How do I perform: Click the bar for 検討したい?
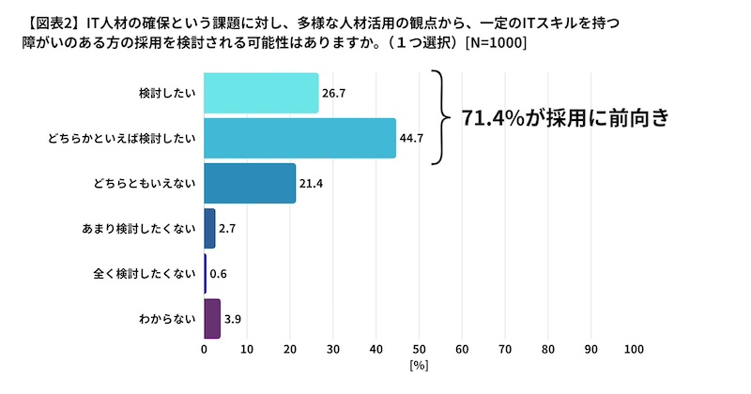point(261,93)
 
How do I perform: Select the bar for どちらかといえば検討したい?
point(299,138)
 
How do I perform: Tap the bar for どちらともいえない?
point(250,183)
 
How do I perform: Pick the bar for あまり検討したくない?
point(209,228)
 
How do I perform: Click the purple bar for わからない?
point(212,319)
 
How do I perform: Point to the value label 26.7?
point(335,93)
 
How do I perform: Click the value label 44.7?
point(412,138)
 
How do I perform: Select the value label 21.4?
point(312,183)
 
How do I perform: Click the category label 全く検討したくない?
point(145,274)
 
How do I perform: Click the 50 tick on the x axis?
point(419,349)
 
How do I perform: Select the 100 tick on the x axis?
point(634,349)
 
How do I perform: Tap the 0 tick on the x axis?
point(205,349)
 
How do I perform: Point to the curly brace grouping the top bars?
point(439,117)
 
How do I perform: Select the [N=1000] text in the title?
point(495,42)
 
